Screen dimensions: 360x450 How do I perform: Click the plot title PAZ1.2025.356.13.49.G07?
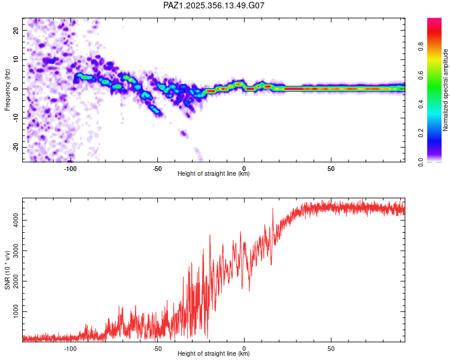coord(214,5)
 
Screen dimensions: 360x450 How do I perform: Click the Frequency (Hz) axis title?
coord(7,89)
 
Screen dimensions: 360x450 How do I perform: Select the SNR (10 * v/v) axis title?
coord(7,269)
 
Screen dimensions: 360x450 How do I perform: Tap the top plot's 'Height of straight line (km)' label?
coord(214,174)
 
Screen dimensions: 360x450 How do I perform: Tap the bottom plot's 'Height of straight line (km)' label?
coord(214,354)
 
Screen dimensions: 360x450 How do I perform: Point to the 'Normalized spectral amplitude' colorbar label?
coord(446,90)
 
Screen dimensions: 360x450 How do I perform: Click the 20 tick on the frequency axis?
coord(16,30)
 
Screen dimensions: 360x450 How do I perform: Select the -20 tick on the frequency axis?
coord(15,148)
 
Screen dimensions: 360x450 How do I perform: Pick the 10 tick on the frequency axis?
coord(16,59)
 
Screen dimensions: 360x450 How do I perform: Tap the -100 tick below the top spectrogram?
coord(70,168)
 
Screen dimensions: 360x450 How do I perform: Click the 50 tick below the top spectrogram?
coord(331,168)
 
